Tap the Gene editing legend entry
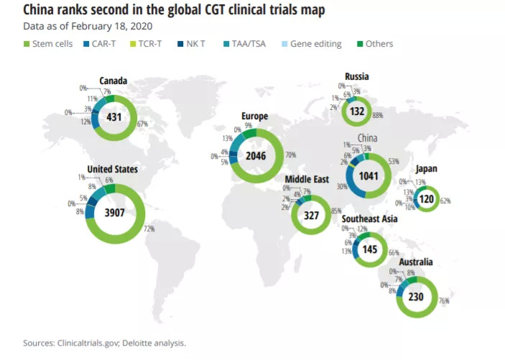(x=310, y=45)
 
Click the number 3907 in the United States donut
(x=114, y=212)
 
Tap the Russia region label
(x=357, y=75)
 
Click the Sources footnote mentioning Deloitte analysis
(x=104, y=343)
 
